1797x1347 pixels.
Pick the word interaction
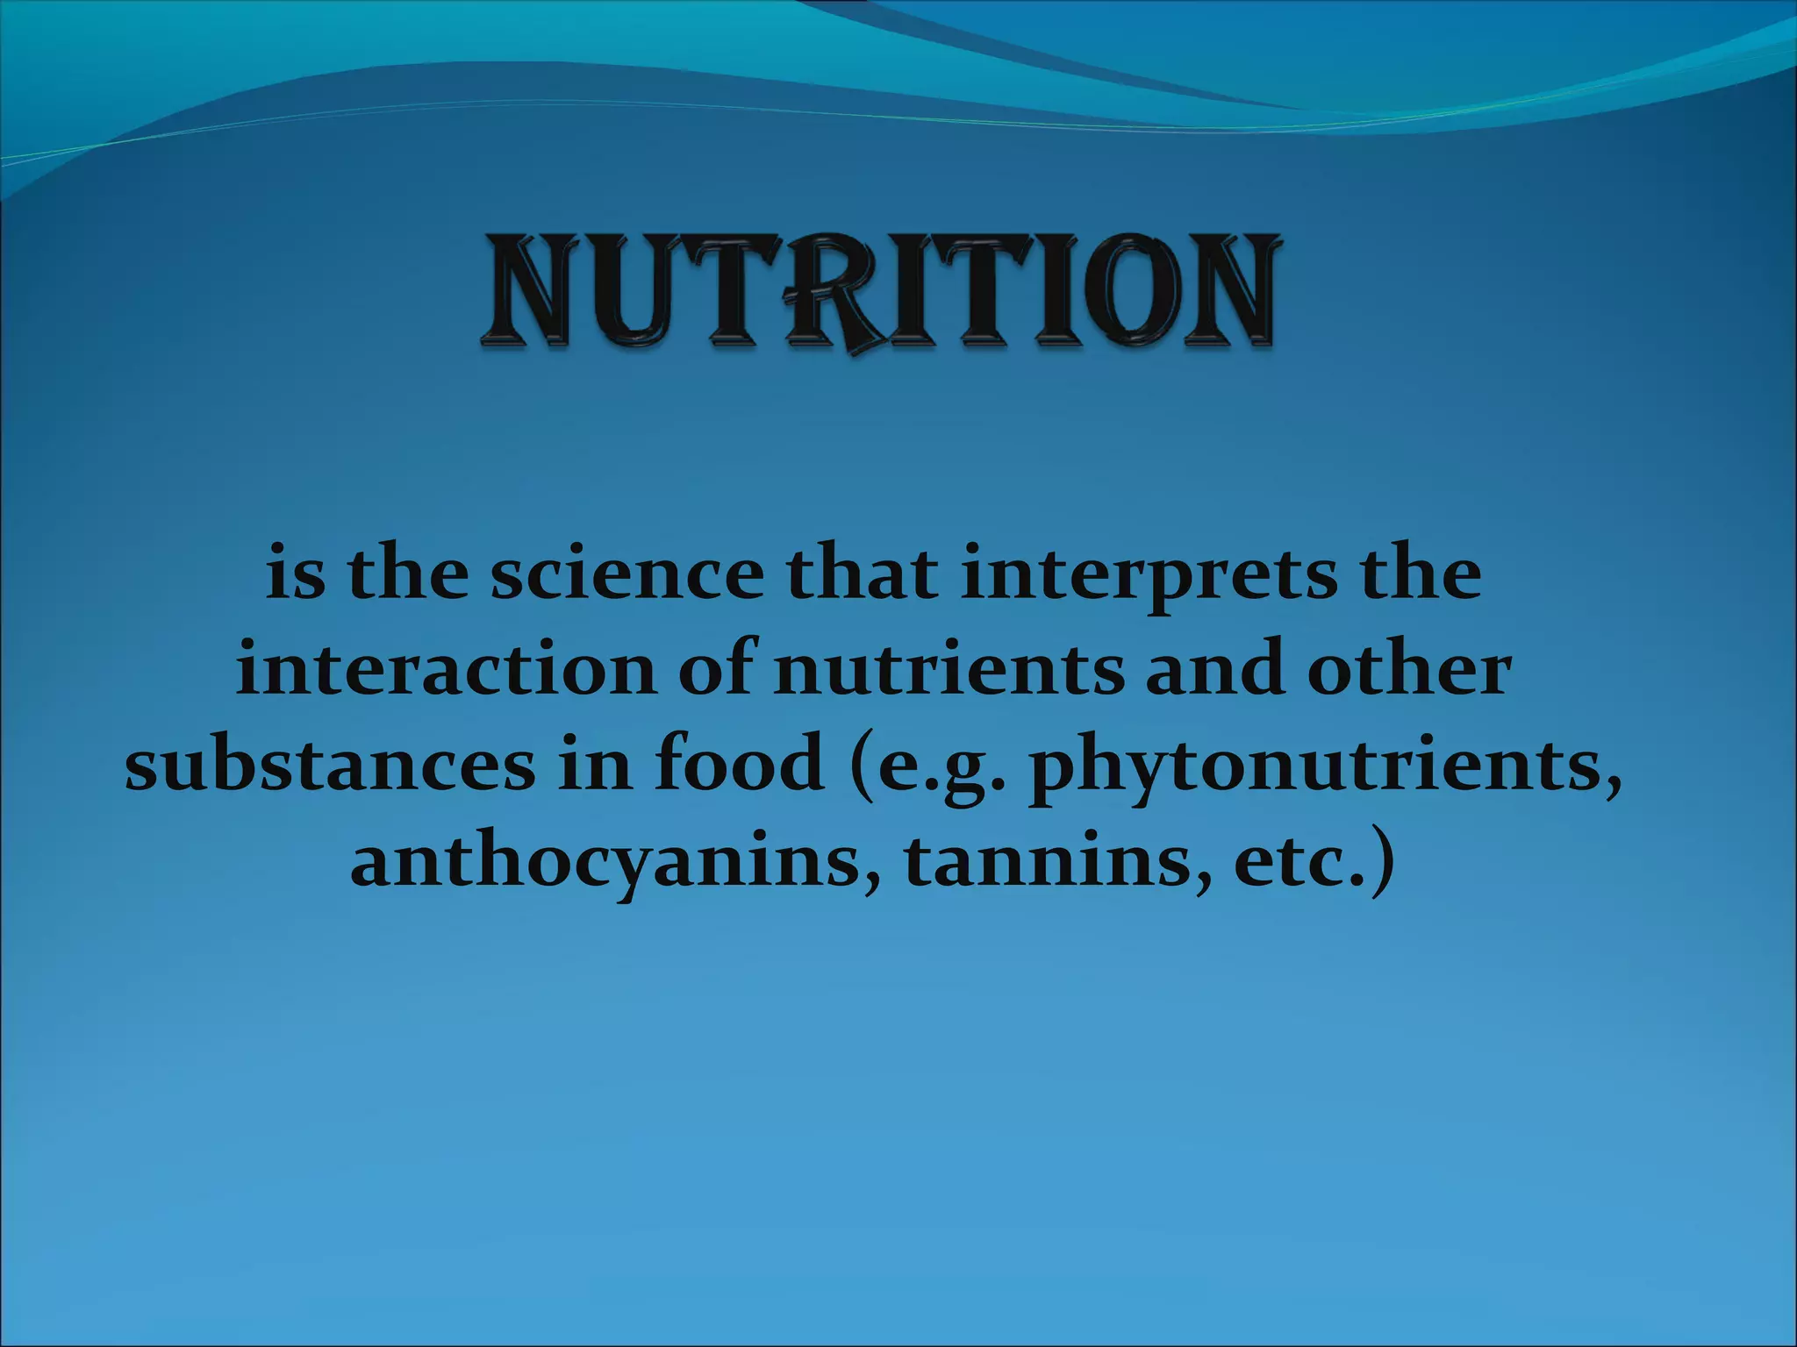point(447,671)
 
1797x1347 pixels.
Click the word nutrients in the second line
point(948,671)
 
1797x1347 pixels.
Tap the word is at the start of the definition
point(295,576)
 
